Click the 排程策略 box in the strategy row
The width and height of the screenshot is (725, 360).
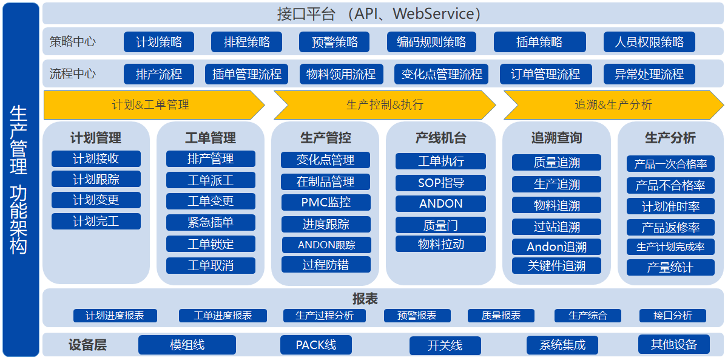(246, 42)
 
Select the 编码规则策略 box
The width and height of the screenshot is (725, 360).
(431, 42)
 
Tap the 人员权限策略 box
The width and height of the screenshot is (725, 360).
(649, 42)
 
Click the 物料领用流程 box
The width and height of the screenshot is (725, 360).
(341, 74)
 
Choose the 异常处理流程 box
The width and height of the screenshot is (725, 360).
(649, 74)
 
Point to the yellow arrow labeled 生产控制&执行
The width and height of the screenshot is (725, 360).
(385, 105)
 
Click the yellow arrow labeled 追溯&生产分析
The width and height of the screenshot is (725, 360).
(614, 105)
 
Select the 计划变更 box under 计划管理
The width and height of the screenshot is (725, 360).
(96, 200)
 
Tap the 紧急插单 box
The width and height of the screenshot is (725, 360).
(211, 223)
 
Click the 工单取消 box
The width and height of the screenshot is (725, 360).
(211, 266)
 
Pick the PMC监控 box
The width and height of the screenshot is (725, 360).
(326, 202)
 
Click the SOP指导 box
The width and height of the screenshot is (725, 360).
(440, 183)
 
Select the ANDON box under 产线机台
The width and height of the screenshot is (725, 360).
(440, 203)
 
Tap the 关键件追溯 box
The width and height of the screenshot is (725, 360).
(556, 266)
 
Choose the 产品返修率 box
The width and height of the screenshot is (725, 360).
(670, 228)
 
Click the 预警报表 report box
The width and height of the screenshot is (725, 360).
(417, 316)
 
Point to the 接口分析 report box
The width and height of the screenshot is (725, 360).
(673, 316)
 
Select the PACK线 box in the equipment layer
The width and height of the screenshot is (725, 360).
(316, 345)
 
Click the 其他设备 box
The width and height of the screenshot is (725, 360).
(673, 344)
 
